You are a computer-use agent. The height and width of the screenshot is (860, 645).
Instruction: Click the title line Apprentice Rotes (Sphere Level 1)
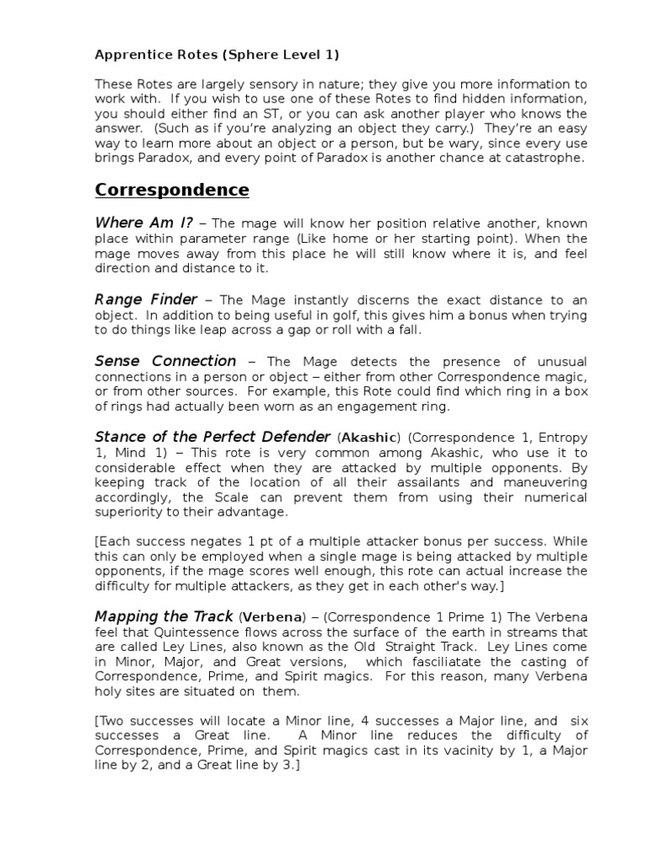[x=217, y=55]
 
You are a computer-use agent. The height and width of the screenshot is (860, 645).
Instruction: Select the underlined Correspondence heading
[x=172, y=190]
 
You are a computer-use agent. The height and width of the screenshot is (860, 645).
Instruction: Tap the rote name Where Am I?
[x=144, y=223]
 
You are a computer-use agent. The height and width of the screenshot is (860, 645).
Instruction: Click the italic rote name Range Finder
[x=146, y=299]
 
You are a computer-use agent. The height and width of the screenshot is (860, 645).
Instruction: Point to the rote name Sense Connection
[x=165, y=360]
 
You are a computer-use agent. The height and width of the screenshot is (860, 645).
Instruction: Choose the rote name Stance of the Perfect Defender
[x=212, y=437]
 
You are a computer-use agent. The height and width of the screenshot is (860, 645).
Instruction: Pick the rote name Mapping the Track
[x=165, y=616]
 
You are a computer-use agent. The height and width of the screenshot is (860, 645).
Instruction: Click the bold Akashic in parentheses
[x=370, y=438]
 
